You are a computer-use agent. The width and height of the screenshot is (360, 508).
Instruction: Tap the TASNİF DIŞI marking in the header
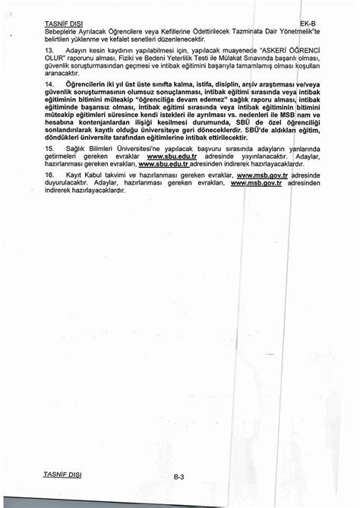pyautogui.click(x=62, y=24)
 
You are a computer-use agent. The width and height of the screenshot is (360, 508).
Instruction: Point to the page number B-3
pyautogui.click(x=179, y=477)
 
